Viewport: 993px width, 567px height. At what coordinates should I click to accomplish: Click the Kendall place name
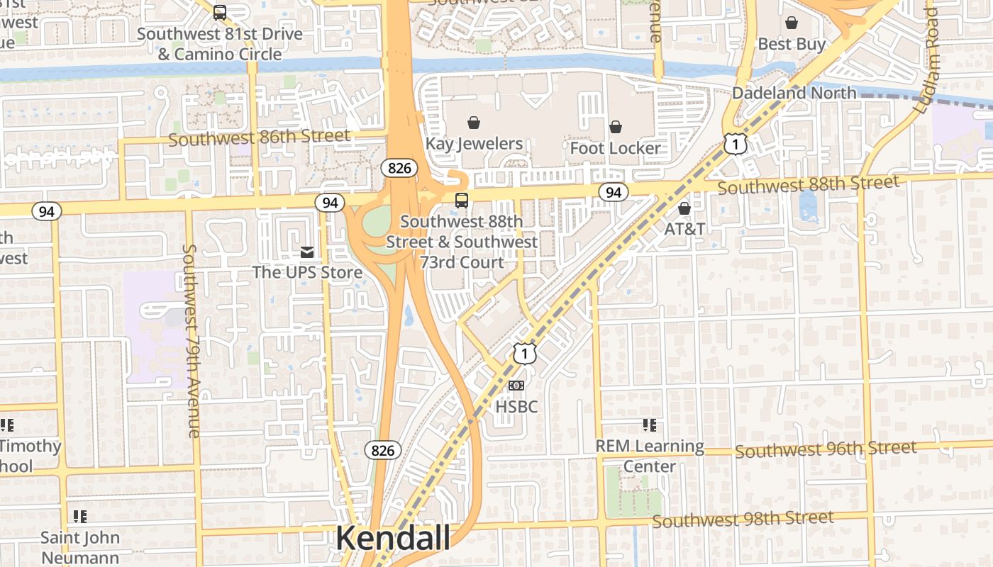[x=392, y=538]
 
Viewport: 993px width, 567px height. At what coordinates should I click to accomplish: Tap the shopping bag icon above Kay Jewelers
[x=474, y=123]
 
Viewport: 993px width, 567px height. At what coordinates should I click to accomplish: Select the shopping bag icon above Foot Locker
[x=616, y=127]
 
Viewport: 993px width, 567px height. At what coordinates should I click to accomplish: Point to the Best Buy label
[x=792, y=44]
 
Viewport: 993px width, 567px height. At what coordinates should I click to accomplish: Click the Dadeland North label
[x=794, y=93]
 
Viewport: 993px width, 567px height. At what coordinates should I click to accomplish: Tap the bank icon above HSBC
[x=516, y=386]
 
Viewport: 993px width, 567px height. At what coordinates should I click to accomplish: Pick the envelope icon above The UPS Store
[x=307, y=252]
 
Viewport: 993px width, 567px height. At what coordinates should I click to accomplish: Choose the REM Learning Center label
[x=649, y=456]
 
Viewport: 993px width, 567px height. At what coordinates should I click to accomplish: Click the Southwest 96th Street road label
[x=826, y=449]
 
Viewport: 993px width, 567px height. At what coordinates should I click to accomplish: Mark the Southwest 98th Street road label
[x=743, y=520]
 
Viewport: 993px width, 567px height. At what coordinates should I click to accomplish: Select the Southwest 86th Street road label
[x=259, y=137]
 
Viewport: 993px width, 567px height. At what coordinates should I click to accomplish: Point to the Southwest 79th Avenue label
[x=192, y=340]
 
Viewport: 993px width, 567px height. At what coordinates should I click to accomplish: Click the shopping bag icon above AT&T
[x=684, y=208]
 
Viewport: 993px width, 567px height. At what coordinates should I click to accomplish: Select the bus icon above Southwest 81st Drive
[x=220, y=12]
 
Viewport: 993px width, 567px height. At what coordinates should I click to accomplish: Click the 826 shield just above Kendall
[x=383, y=450]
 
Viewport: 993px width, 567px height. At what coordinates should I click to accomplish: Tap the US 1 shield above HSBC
[x=524, y=353]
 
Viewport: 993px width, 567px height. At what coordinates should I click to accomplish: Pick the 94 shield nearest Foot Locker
[x=613, y=192]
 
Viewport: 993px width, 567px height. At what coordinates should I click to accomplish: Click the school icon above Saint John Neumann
[x=80, y=517]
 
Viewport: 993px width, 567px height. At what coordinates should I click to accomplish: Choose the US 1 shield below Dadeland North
[x=736, y=145]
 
